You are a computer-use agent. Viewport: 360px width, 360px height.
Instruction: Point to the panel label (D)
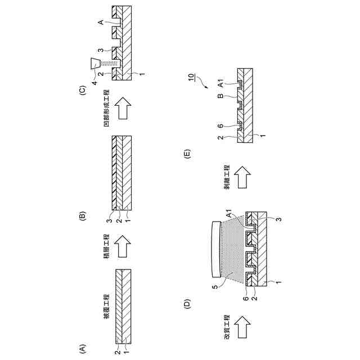click(x=188, y=304)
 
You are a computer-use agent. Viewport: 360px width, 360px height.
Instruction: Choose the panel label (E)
click(x=188, y=152)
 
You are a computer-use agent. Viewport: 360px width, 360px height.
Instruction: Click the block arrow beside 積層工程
click(x=123, y=246)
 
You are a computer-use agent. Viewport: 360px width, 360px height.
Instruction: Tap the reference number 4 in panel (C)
click(x=95, y=83)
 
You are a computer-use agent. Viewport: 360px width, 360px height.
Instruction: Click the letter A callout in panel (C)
click(x=100, y=22)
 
